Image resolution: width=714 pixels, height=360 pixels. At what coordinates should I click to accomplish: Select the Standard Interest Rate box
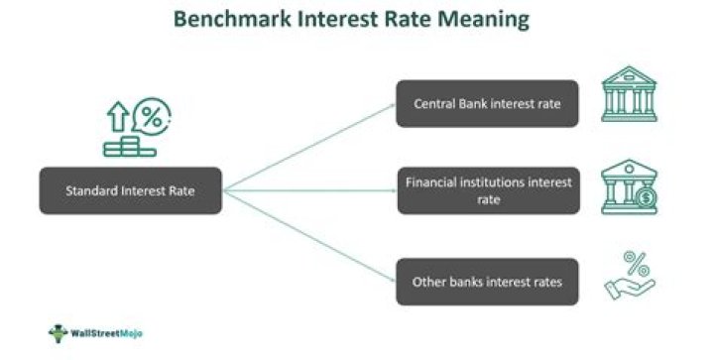tap(131, 190)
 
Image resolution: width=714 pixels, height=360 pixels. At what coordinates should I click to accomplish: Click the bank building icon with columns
tap(629, 96)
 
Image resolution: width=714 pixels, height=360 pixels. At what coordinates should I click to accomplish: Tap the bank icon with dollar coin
tap(628, 188)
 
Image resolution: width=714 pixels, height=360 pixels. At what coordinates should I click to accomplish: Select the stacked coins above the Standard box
tap(129, 146)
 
